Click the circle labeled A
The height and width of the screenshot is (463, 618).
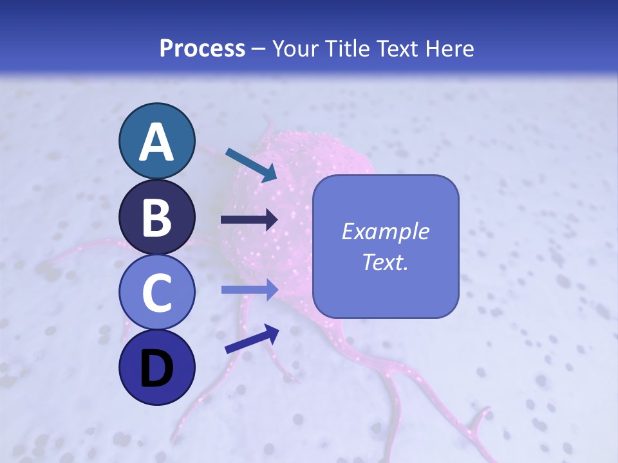(156, 141)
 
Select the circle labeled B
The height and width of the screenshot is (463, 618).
(156, 217)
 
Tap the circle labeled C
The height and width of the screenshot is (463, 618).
(156, 292)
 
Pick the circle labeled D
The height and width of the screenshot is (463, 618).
(156, 367)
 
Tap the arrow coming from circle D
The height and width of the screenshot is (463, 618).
(252, 339)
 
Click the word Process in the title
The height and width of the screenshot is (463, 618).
(202, 48)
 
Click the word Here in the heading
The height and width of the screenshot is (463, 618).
(450, 48)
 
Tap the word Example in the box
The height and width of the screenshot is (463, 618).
(386, 232)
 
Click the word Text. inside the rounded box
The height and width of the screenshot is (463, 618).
(386, 262)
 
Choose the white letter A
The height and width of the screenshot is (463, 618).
(156, 142)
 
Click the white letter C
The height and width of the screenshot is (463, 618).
(156, 293)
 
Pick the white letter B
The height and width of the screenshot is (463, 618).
(156, 218)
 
